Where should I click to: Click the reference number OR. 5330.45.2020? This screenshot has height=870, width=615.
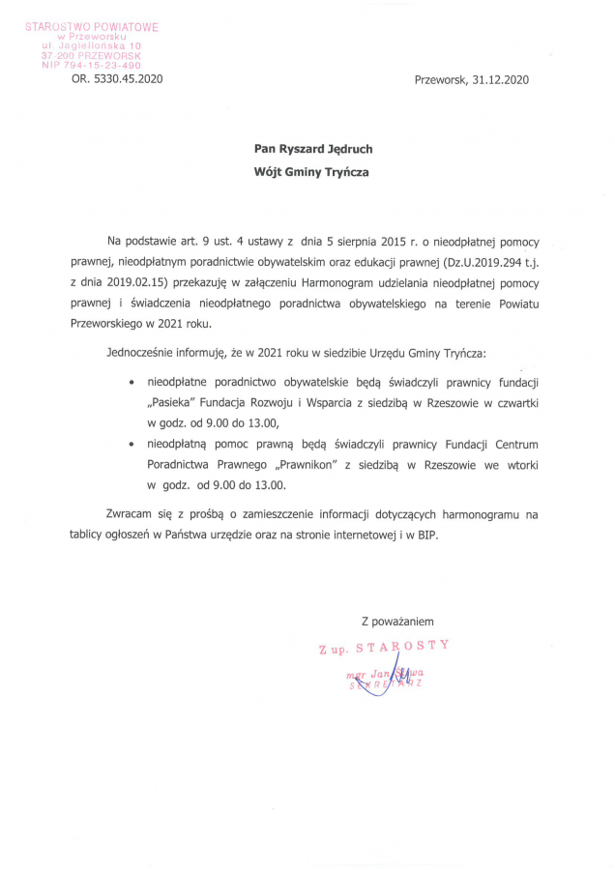[x=117, y=79]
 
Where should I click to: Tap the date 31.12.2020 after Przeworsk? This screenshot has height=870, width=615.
[x=501, y=79]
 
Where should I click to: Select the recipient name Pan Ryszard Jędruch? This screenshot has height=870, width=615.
[x=313, y=149]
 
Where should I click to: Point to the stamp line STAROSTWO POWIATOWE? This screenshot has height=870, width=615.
[x=93, y=27]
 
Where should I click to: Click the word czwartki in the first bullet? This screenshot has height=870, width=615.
[x=514, y=403]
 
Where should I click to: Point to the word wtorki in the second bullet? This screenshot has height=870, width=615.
[x=519, y=465]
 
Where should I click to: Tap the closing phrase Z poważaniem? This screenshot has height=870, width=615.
[x=397, y=620]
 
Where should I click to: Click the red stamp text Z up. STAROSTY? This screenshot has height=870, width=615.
[x=384, y=647]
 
